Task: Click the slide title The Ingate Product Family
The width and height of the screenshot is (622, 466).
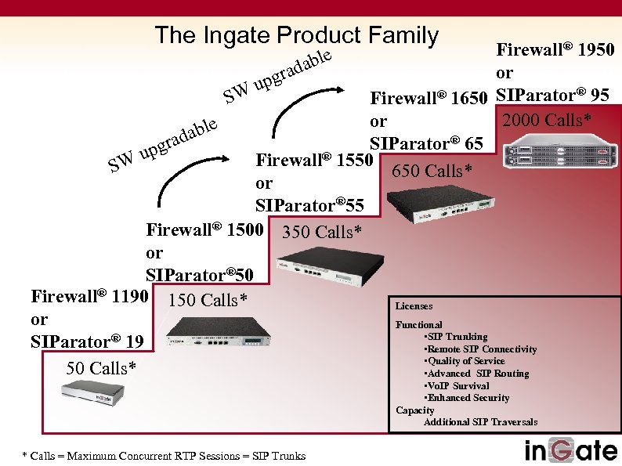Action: pyautogui.click(x=296, y=35)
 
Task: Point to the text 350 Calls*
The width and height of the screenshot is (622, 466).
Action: pyautogui.click(x=322, y=232)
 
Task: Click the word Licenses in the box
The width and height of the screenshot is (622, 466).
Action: pyautogui.click(x=414, y=306)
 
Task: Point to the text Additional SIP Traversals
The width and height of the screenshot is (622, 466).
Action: pyautogui.click(x=480, y=422)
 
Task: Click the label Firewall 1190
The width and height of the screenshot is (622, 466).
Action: pyautogui.click(x=89, y=296)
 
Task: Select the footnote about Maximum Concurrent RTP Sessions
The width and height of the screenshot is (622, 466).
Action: pyautogui.click(x=165, y=455)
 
